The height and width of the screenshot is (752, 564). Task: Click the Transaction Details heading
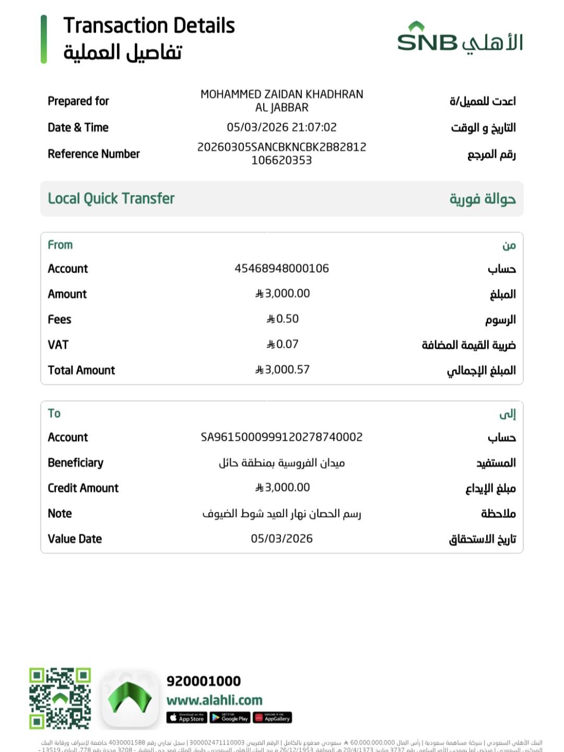coord(149,26)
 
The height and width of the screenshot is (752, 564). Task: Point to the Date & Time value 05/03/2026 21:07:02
coord(281,127)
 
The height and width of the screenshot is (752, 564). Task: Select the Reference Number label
coord(93,154)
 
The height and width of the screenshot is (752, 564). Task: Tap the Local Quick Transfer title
coord(111,198)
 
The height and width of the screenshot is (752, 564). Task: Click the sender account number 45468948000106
coord(281,268)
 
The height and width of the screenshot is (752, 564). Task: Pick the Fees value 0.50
coord(283,319)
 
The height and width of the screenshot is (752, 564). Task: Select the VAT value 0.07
coord(283,344)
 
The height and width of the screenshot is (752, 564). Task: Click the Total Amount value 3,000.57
coord(283,370)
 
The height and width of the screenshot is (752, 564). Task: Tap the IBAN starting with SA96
coord(281,437)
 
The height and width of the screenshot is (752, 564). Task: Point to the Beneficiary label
coord(75,463)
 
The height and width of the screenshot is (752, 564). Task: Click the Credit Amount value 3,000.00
coord(283,488)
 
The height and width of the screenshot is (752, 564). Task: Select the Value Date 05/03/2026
coord(281,539)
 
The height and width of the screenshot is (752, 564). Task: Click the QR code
coord(60,698)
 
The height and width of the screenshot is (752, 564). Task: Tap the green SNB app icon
coord(130,699)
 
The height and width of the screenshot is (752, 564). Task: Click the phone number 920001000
coord(204,681)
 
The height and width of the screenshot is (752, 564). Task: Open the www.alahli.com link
coord(214,700)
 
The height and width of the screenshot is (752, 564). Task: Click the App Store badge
coord(186,718)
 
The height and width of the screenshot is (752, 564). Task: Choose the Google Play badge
coord(230,718)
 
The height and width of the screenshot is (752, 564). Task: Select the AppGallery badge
coord(272,718)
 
